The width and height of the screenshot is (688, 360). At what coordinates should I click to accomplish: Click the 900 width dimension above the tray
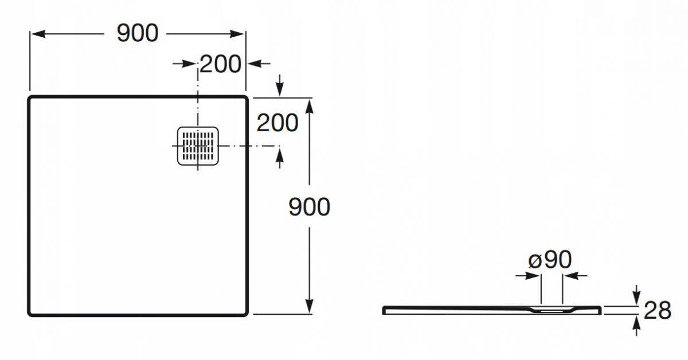pyautogui.click(x=138, y=33)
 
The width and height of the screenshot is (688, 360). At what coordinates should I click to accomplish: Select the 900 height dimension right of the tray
pyautogui.click(x=309, y=207)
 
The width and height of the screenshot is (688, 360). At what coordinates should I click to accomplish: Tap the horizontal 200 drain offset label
pyautogui.click(x=220, y=64)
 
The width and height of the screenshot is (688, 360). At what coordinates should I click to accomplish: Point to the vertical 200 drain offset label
pyautogui.click(x=277, y=123)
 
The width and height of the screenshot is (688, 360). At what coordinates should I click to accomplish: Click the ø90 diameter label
pyautogui.click(x=550, y=260)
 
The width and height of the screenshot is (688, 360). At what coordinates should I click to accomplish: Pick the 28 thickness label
pyautogui.click(x=657, y=310)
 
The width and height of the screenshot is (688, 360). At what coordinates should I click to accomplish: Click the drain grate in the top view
pyautogui.click(x=198, y=146)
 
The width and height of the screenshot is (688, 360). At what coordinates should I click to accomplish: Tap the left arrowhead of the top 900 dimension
pyautogui.click(x=38, y=34)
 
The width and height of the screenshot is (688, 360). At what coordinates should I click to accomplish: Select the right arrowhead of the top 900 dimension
pyautogui.click(x=237, y=34)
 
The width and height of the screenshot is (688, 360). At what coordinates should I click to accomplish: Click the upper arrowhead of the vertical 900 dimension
pyautogui.click(x=309, y=106)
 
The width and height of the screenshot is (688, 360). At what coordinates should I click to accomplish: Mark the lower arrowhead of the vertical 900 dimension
pyautogui.click(x=309, y=306)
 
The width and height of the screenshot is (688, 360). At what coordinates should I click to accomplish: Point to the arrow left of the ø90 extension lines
pyautogui.click(x=528, y=276)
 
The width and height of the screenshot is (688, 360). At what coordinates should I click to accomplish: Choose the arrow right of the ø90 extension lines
pyautogui.click(x=575, y=276)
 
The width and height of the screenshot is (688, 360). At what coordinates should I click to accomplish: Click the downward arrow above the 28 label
pyautogui.click(x=637, y=295)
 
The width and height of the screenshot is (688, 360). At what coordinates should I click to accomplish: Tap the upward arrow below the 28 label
pyautogui.click(x=637, y=326)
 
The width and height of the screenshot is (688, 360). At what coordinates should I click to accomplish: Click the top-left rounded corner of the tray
pyautogui.click(x=30, y=98)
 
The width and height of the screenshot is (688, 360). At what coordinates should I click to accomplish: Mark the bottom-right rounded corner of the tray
pyautogui.click(x=246, y=314)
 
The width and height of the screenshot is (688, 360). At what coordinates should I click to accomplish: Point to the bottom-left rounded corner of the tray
pyautogui.click(x=30, y=314)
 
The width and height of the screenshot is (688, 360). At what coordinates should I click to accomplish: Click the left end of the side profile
pyautogui.click(x=384, y=310)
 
